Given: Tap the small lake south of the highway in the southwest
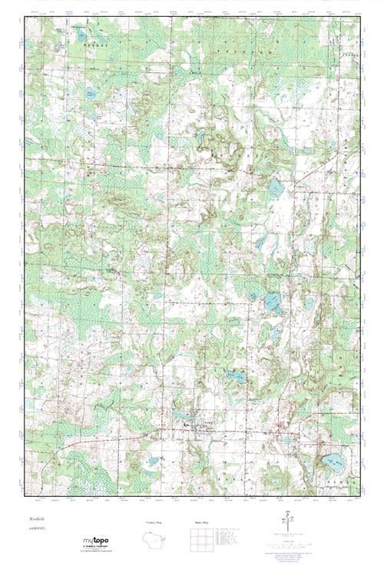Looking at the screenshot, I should pyautogui.click(x=153, y=462).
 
